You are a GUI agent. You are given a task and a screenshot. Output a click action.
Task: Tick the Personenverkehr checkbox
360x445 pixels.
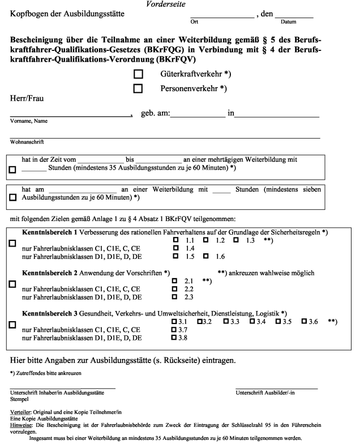(138, 88)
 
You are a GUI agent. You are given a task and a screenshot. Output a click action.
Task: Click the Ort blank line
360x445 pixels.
(222, 15)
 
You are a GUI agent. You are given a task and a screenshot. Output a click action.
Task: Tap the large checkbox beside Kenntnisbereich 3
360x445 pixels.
(13, 325)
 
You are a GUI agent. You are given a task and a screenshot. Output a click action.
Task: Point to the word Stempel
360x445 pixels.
(21, 399)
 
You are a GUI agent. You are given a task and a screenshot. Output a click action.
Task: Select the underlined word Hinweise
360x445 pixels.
(23, 424)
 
